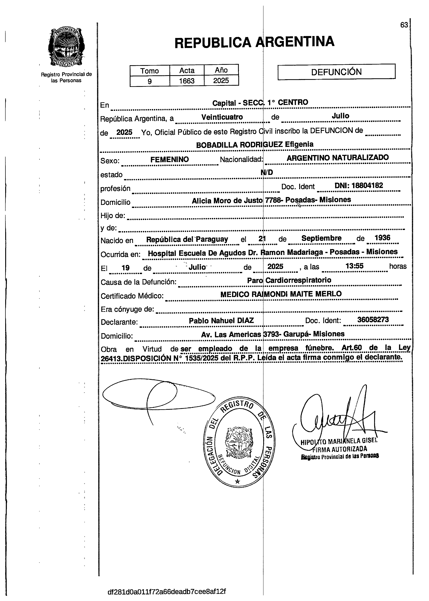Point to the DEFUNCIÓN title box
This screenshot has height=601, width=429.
pos(336,72)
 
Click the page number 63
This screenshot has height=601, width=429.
pos(404,25)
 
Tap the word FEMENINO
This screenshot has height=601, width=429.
pos(170,159)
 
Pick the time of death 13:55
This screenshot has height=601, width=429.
pos(355,266)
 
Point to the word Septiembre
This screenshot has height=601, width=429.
pos(321,238)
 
